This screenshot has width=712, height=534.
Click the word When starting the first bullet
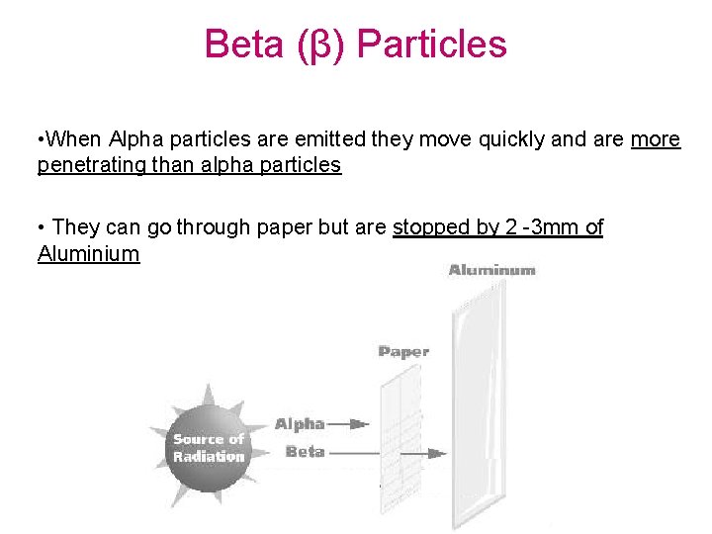pos(78,139)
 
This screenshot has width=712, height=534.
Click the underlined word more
pos(656,139)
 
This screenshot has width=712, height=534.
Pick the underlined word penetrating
pos(92,165)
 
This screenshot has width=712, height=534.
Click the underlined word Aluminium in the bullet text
pos(89,254)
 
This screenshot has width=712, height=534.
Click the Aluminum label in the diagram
pos(491,270)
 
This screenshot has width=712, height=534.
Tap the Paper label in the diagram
pos(403,351)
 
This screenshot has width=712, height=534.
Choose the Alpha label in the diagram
pos(299,424)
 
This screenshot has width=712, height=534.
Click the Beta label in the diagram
pos(305,452)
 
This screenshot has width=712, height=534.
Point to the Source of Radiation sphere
pos(208,448)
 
